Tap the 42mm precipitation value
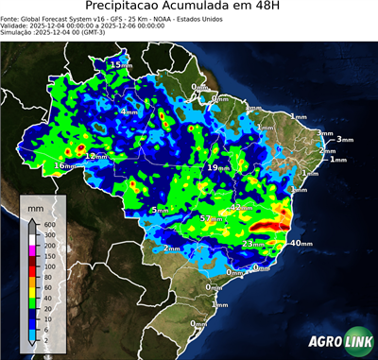[x=242, y=207]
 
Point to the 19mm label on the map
[x=215, y=167]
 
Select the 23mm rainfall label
[x=252, y=244]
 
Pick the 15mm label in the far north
[x=121, y=64]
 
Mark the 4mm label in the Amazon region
[x=127, y=112]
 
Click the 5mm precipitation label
[x=160, y=210]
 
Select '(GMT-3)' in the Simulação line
[x=105, y=32]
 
